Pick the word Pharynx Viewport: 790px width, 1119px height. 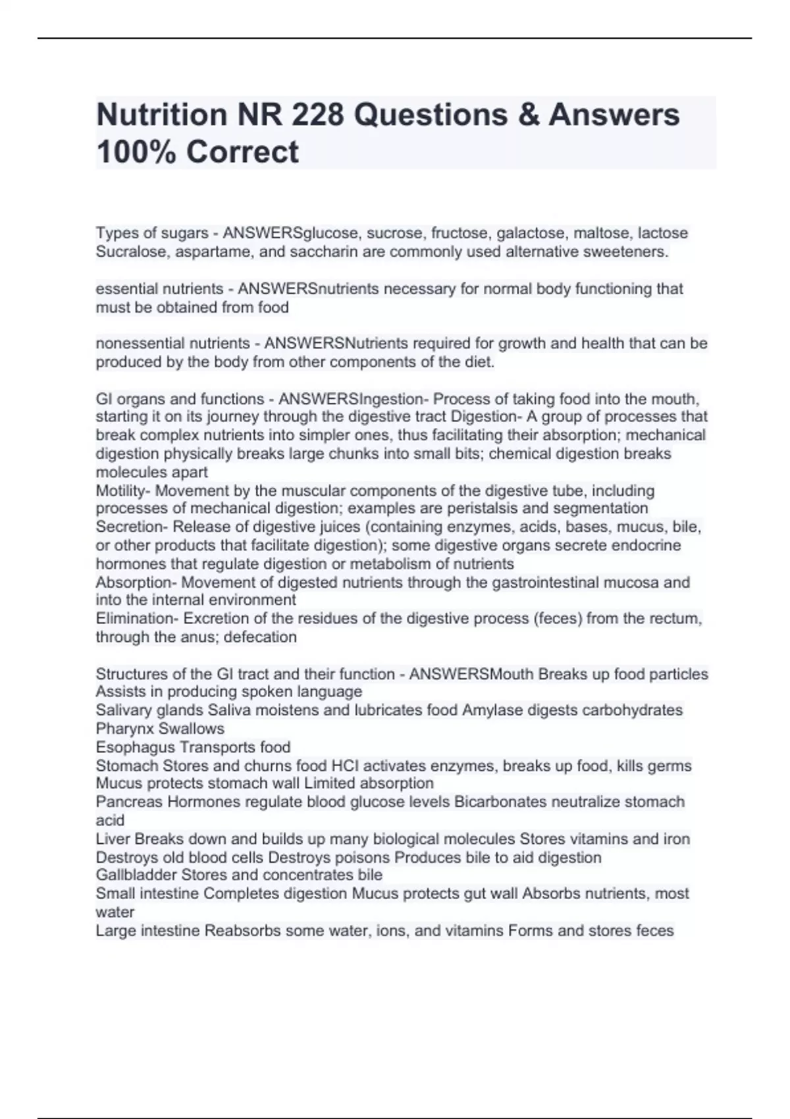[121, 729]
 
